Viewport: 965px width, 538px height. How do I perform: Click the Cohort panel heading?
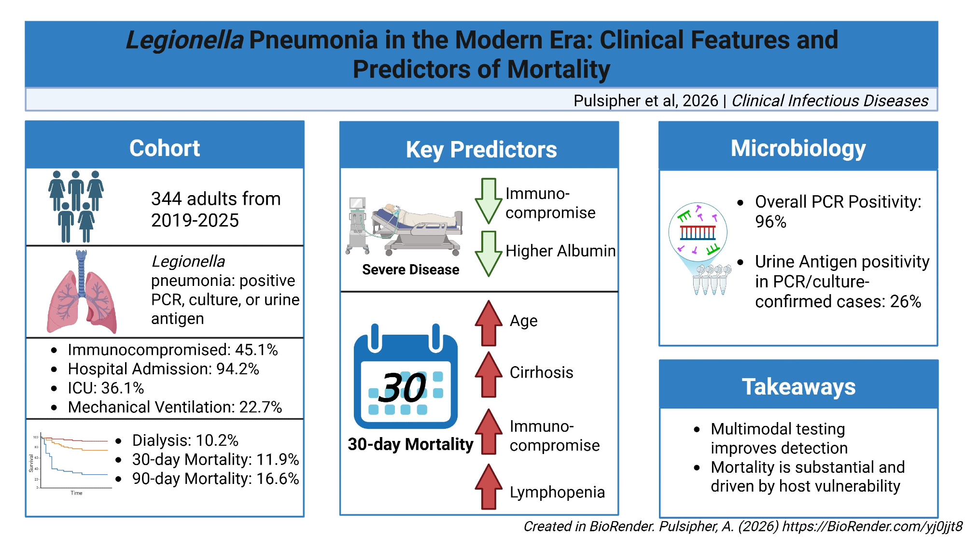165,148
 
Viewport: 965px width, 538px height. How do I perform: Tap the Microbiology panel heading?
798,148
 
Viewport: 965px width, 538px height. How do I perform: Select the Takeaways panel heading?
798,387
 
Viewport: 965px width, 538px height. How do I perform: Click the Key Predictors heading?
481,150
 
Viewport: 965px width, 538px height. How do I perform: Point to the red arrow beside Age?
489,323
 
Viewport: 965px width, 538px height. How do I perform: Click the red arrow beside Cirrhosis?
489,375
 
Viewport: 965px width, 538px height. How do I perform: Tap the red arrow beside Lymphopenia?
489,487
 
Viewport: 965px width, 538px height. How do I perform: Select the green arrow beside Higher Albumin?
489,254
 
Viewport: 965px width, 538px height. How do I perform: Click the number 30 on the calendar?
402,387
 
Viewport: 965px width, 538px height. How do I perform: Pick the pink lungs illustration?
82,292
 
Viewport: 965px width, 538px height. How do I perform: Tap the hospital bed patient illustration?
404,226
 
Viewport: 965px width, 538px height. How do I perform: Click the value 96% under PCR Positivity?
770,222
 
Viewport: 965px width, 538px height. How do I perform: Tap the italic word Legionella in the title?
184,40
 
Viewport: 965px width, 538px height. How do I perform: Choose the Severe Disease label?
411,269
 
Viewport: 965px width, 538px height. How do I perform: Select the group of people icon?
76,206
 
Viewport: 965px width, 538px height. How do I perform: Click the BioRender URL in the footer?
872,526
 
